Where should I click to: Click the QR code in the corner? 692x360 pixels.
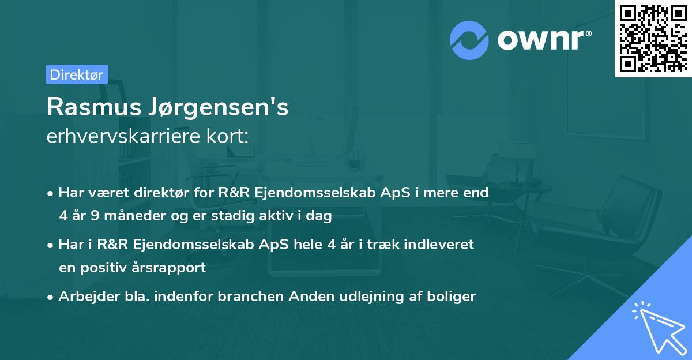pyautogui.click(x=653, y=38)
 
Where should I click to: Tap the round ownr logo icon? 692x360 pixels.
pyautogui.click(x=469, y=40)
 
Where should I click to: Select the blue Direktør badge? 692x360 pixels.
pyautogui.click(x=77, y=74)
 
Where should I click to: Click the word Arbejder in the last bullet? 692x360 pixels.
pyautogui.click(x=84, y=297)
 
